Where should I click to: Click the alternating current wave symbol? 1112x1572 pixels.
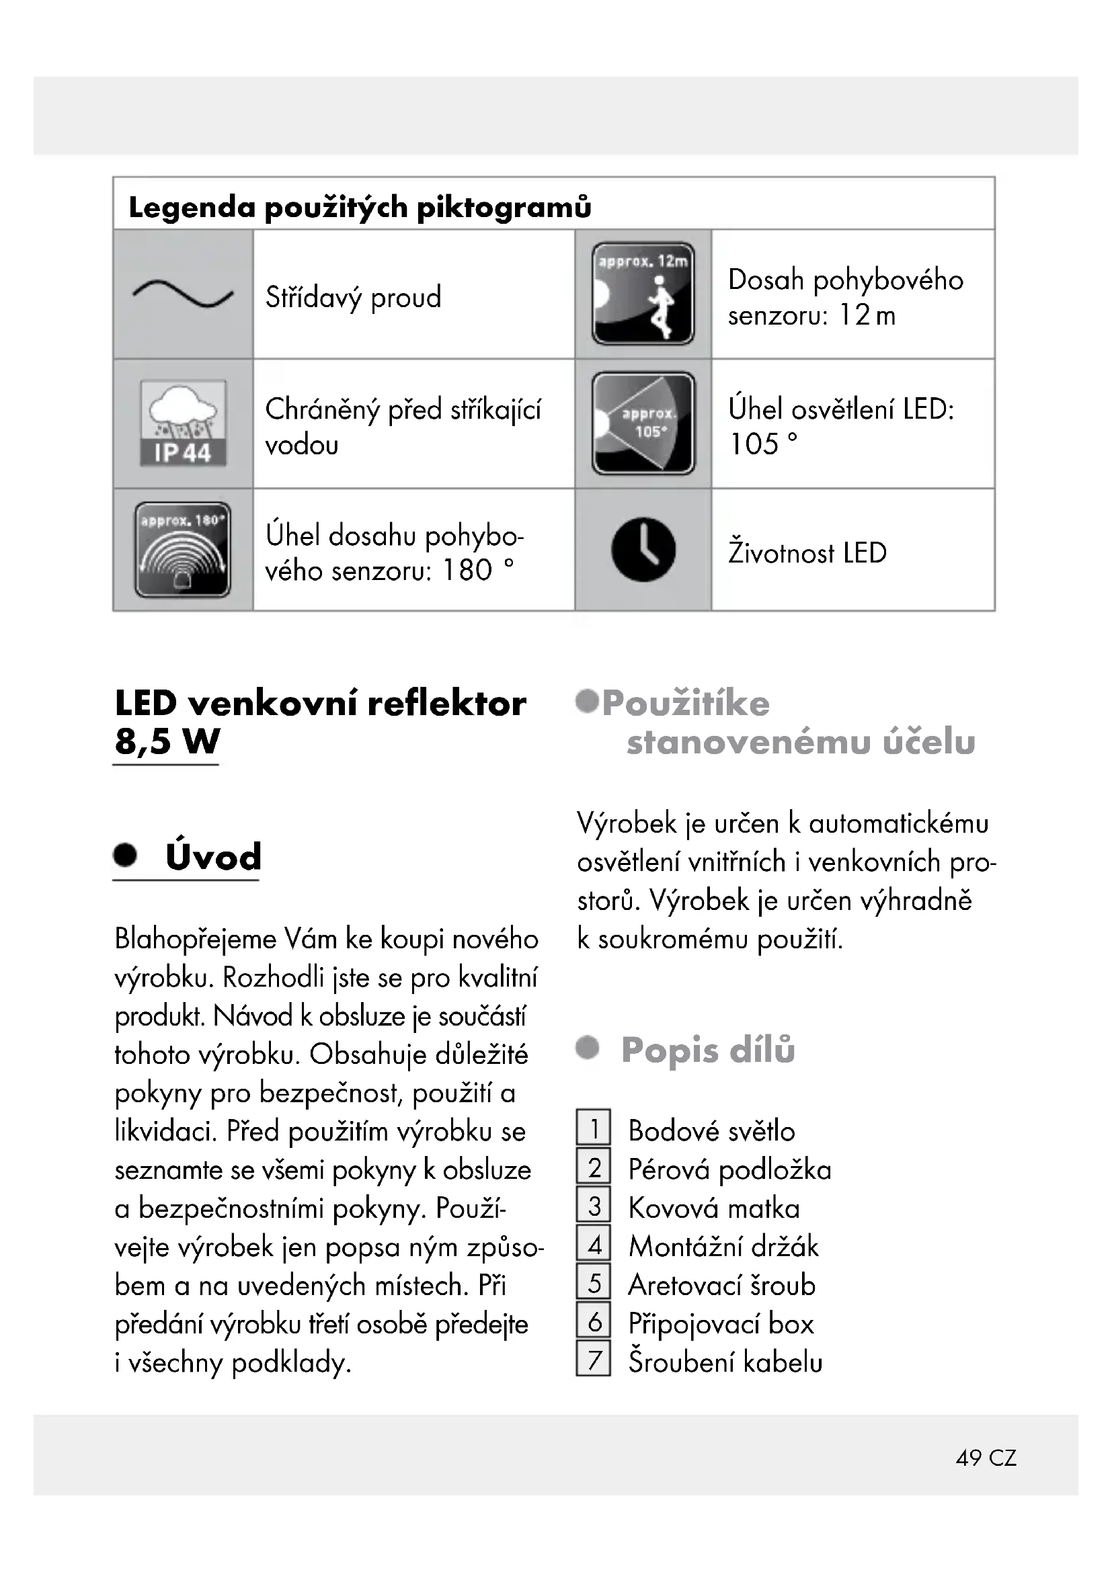point(183,294)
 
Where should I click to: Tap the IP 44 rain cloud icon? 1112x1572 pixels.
point(183,423)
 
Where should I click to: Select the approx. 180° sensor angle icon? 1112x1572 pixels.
point(183,549)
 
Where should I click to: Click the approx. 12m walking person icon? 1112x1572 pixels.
point(643,293)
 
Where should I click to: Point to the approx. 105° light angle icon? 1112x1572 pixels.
point(643,423)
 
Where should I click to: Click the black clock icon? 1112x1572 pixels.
point(643,550)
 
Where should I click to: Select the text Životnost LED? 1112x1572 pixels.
point(807,552)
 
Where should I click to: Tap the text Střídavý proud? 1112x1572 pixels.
point(354,297)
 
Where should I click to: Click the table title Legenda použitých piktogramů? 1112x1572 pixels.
point(360,207)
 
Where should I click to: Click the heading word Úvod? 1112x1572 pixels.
point(214,856)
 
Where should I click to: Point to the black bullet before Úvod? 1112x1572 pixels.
point(125,855)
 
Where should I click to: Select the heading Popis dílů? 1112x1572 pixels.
point(708,1050)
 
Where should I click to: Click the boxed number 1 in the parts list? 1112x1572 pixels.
point(594,1128)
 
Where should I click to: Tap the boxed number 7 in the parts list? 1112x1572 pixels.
point(594,1359)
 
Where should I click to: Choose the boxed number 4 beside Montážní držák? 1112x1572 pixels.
point(594,1244)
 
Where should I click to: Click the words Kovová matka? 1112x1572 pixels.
point(714,1208)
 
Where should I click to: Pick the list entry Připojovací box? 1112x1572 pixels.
point(721,1323)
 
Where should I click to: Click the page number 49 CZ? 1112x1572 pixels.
point(986,1457)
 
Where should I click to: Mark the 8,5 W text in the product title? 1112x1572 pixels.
point(167,741)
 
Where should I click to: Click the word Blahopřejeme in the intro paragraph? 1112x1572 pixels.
point(196,939)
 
